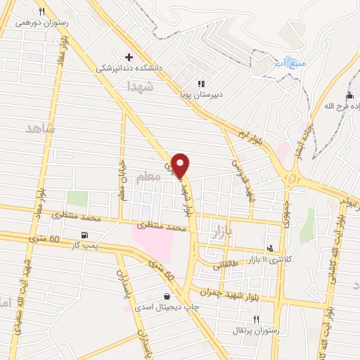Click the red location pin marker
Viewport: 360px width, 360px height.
[x=181, y=165]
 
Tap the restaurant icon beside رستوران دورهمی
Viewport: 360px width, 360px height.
[x=41, y=12]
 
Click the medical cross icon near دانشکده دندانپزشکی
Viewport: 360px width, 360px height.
[x=128, y=56]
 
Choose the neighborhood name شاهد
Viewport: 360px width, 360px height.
[x=39, y=129]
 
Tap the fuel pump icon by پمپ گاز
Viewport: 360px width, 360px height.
[x=85, y=234]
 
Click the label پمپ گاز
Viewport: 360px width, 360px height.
[x=85, y=245]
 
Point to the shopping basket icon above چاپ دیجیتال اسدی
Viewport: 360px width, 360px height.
[x=167, y=296]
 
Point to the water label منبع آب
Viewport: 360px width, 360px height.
[x=294, y=64]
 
